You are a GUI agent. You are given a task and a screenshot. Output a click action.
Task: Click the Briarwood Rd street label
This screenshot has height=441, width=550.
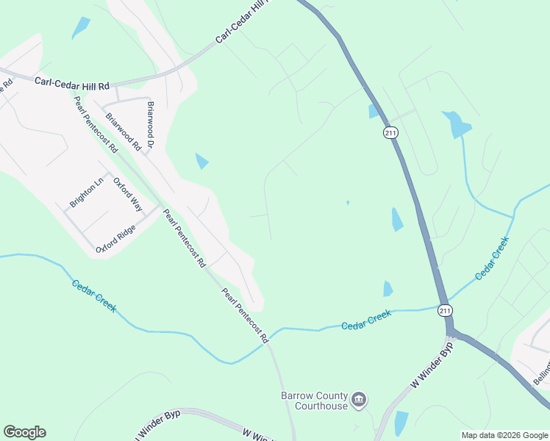123,132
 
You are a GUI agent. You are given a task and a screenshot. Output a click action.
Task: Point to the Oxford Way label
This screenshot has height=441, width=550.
127,195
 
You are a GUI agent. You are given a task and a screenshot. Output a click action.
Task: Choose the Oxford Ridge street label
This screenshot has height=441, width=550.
115,240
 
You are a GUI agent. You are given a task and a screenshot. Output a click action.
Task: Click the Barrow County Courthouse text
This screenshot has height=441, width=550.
315,401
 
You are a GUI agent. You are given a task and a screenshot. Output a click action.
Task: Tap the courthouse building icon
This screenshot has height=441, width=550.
359,401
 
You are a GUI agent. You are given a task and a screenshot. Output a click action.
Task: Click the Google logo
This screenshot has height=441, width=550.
24,432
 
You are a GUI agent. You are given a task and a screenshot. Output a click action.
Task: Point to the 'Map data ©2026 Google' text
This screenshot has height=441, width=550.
504,435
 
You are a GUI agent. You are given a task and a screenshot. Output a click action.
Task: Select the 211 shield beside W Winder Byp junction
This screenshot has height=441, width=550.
444,309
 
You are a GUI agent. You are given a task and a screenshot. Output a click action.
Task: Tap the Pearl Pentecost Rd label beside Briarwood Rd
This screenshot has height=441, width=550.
96,123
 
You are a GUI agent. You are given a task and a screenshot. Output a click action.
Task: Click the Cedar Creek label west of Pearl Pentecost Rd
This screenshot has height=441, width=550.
93,295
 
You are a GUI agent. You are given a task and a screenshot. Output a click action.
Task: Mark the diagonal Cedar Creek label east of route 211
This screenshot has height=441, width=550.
492,258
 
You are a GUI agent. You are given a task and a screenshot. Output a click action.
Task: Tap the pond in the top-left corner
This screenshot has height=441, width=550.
80,27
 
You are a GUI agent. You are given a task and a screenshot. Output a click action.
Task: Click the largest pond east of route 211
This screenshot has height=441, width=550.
456,123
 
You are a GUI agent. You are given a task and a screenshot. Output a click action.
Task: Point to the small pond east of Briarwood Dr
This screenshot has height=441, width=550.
201,160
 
